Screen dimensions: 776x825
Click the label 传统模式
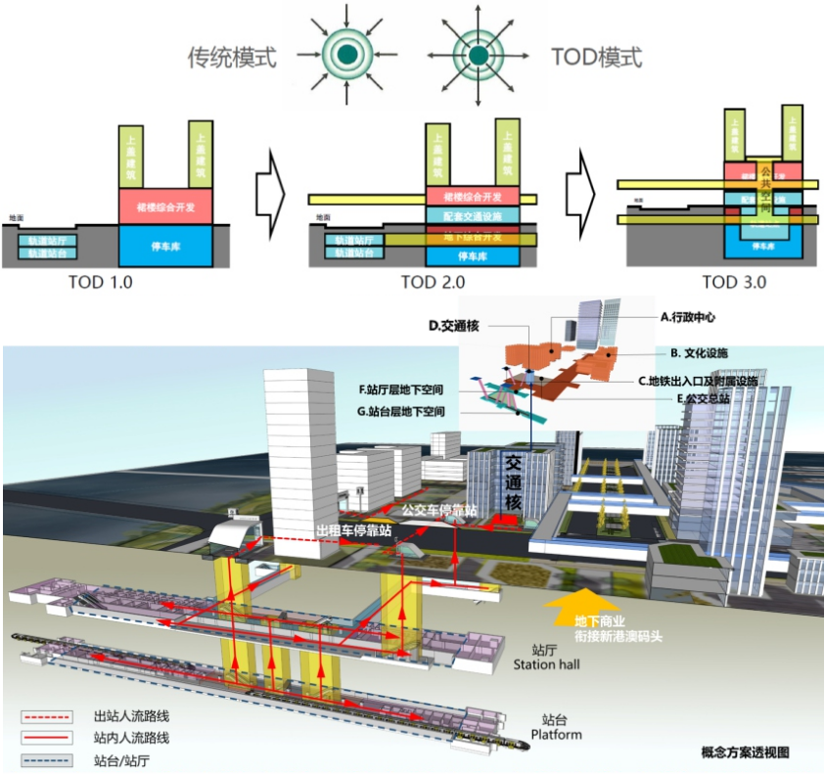232,57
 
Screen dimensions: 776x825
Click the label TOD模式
597,57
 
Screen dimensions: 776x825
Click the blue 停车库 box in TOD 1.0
166,245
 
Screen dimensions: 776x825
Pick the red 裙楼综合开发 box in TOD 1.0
166,205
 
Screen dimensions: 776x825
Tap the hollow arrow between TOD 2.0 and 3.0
583,191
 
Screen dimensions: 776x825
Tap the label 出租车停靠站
352,529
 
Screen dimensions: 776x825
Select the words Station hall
549,665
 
